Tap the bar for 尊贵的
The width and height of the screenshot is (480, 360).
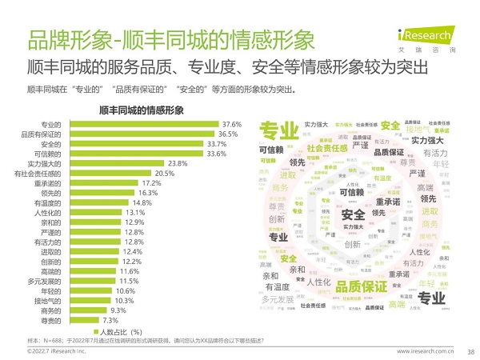point(78,320)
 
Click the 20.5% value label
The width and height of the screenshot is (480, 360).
point(164,174)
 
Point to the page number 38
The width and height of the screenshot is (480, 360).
point(470,350)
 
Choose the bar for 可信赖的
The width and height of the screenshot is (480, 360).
point(134,154)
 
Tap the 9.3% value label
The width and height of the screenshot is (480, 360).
point(118,310)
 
